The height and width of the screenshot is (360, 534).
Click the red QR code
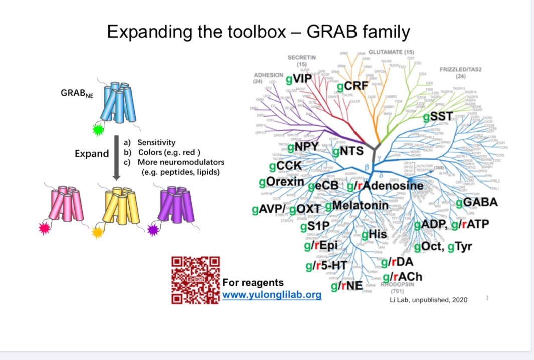click(196, 280)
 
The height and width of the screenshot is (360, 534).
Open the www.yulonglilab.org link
click(272, 295)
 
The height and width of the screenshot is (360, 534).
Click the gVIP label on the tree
click(299, 79)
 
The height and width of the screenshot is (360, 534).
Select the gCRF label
click(353, 86)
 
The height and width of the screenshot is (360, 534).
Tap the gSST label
click(438, 117)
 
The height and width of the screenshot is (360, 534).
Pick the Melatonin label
click(357, 206)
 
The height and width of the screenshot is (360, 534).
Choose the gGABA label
click(477, 202)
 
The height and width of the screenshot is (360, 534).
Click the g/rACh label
click(402, 276)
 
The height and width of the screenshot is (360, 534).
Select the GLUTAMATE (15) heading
click(391, 52)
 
